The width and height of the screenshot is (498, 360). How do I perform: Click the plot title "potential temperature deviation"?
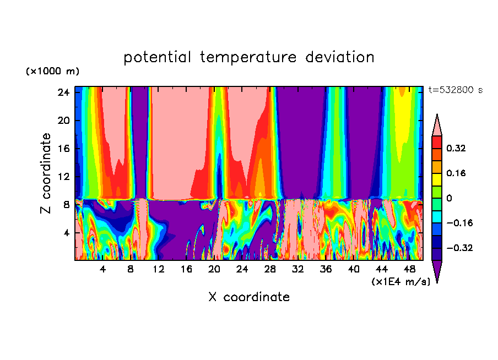(x=249, y=57)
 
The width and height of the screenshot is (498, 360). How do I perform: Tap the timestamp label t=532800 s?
(x=455, y=90)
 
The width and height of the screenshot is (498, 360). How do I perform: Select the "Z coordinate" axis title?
(x=46, y=173)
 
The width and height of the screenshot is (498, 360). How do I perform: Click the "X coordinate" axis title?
(x=249, y=297)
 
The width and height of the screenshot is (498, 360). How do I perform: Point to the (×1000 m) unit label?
(x=52, y=72)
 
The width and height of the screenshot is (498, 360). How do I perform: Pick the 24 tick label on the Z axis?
(x=62, y=92)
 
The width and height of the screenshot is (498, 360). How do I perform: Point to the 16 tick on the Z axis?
(x=62, y=149)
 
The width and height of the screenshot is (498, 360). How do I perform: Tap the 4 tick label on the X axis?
(x=102, y=270)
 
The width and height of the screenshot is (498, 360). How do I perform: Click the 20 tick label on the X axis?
(x=214, y=270)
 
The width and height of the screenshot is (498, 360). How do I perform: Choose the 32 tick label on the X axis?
(x=298, y=270)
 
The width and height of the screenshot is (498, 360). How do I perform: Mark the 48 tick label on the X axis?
(x=410, y=270)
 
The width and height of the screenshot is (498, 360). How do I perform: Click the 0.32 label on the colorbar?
(x=456, y=148)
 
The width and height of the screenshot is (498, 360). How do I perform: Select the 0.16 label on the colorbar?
(x=456, y=173)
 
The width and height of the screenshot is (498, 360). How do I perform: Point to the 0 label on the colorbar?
(x=450, y=198)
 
